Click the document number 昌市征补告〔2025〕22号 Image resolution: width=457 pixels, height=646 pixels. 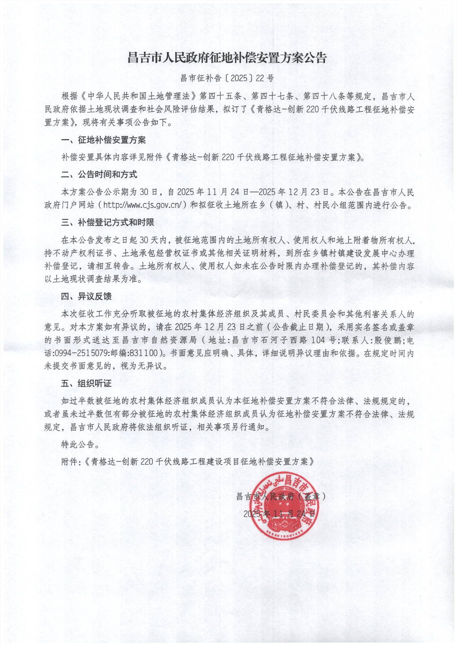click(227, 78)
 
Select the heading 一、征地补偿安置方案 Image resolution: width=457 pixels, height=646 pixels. click(103, 141)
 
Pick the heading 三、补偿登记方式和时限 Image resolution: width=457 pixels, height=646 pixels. click(107, 222)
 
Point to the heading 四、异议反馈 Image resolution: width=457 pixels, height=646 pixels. click(86, 296)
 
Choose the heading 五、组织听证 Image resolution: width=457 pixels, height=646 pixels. click(86, 384)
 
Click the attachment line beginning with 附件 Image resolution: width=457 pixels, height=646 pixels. click(187, 462)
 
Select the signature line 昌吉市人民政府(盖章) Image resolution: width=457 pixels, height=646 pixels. click(281, 496)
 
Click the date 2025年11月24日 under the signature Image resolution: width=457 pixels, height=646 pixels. click(280, 513)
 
